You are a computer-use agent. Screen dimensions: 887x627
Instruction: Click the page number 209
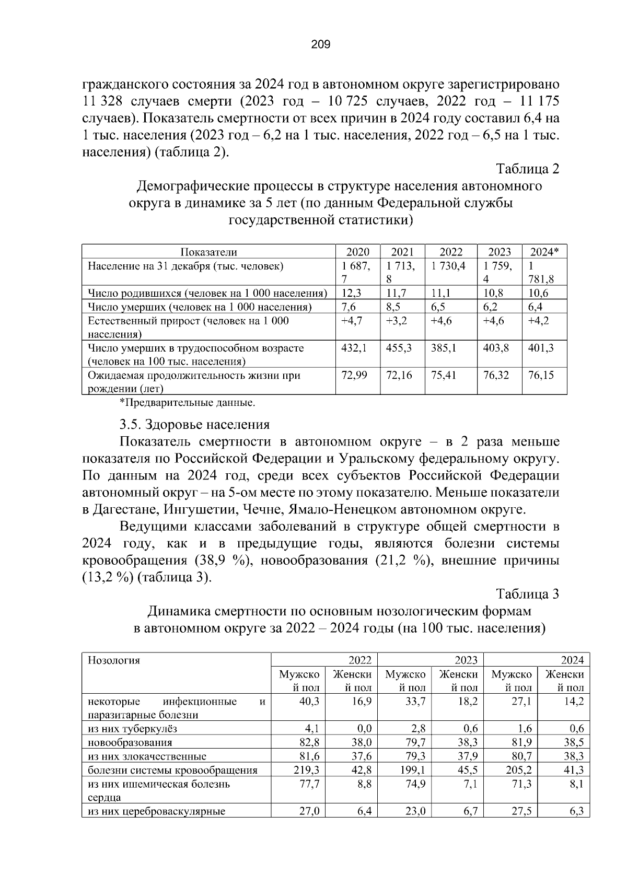tap(320, 45)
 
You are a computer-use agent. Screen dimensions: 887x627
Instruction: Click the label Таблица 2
tap(527, 169)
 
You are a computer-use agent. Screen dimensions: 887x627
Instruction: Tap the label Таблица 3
tap(527, 594)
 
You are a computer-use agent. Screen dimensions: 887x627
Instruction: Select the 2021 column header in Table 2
tap(402, 252)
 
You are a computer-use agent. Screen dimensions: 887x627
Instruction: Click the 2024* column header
tap(544, 252)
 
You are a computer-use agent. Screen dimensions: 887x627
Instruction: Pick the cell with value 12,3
tap(351, 293)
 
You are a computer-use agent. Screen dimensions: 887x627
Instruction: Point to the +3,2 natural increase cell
tap(396, 321)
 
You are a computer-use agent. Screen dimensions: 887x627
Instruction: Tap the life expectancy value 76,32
tap(496, 375)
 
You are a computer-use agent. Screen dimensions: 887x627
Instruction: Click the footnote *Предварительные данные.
tap(188, 403)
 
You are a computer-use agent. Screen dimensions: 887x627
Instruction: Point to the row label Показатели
tap(208, 252)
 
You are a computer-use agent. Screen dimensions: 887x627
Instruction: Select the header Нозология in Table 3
tap(114, 660)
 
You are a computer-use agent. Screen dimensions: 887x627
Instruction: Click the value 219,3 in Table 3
tap(309, 770)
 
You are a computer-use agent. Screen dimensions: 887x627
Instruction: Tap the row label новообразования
tap(130, 742)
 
